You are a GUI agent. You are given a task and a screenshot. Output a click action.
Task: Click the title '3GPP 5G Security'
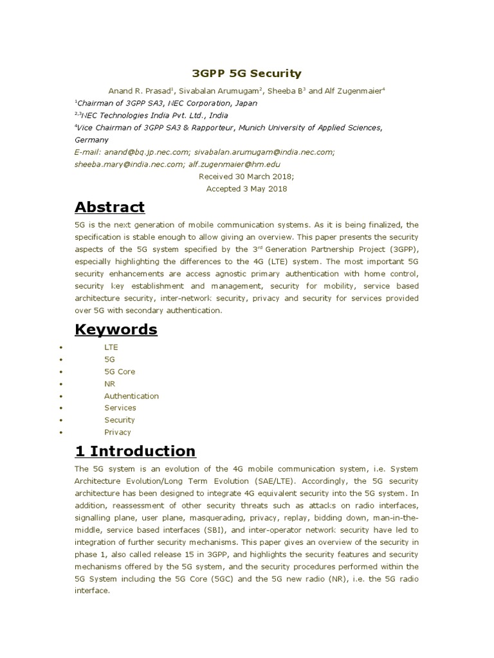247,74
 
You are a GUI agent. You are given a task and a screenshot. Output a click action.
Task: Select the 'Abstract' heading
110,207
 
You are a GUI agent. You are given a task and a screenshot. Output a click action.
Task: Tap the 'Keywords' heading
116,329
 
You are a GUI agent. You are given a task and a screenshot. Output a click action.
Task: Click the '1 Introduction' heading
135,450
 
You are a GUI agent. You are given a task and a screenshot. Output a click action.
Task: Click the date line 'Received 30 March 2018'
247,177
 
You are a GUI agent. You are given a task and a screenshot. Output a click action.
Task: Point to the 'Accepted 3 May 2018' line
247,189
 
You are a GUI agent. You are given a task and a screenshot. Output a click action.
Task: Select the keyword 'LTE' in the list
111,347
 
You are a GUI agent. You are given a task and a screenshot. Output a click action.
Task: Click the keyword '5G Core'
120,371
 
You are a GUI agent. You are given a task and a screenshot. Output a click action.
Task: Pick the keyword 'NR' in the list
110,384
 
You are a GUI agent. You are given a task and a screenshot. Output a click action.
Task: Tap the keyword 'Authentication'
131,396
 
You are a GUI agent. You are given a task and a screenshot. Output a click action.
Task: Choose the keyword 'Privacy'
118,432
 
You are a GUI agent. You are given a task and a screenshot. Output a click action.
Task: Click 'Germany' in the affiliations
92,139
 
